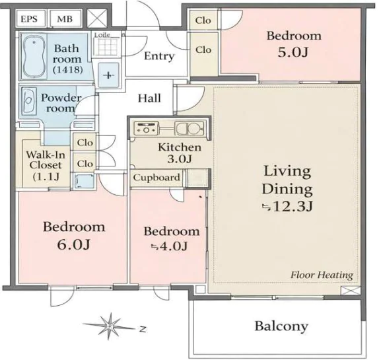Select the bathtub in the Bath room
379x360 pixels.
coord(34,57)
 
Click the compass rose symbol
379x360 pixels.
coord(109,326)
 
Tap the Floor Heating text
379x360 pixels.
coord(322,275)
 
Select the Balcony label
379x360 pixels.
coord(281,326)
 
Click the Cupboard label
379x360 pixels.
coord(156,178)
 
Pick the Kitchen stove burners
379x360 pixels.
coord(146,128)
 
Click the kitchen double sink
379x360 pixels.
coord(189,128)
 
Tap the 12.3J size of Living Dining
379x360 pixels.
coord(288,207)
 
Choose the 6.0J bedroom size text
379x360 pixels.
coord(74,244)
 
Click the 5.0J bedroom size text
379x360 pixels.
coord(293,52)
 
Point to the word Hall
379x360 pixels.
coord(149,98)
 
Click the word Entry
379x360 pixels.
coord(159,56)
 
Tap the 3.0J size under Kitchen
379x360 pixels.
coord(180,159)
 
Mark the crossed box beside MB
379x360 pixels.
coord(97,18)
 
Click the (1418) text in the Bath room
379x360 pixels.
coord(68,70)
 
